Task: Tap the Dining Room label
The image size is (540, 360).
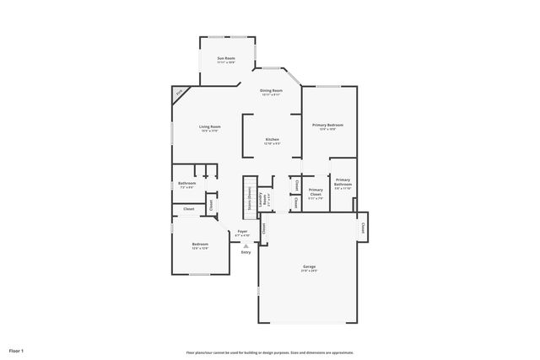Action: (271, 89)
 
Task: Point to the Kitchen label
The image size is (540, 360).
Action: (272, 139)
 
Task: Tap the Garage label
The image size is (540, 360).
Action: (310, 266)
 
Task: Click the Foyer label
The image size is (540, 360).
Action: (242, 230)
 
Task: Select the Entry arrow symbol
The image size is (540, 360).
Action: (246, 245)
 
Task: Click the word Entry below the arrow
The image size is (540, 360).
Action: (246, 252)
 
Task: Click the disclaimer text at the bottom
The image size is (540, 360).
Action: (269, 352)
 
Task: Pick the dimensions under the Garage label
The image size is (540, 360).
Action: (310, 271)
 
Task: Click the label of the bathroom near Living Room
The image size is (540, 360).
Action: (186, 183)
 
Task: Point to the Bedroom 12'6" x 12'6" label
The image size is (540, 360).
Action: (199, 244)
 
